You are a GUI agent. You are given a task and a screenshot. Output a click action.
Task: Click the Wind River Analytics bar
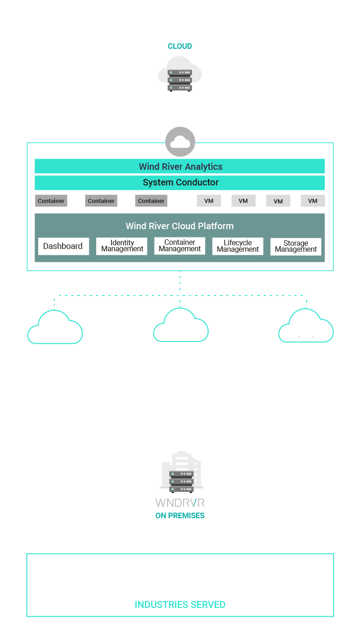coord(180,167)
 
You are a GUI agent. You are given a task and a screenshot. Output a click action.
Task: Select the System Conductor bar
coord(180,183)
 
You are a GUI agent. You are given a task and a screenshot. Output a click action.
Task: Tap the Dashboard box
coord(63,246)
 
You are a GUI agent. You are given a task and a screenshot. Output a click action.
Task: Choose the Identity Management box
coord(122,246)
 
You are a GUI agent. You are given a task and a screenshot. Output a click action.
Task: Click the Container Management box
coord(180,246)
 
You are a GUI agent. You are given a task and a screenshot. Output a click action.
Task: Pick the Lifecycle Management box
coord(238,246)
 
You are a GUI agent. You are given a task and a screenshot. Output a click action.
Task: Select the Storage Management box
coord(296,247)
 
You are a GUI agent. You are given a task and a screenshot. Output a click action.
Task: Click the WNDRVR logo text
coord(180,503)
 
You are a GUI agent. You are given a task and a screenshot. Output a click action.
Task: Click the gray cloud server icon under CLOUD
coord(180,75)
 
